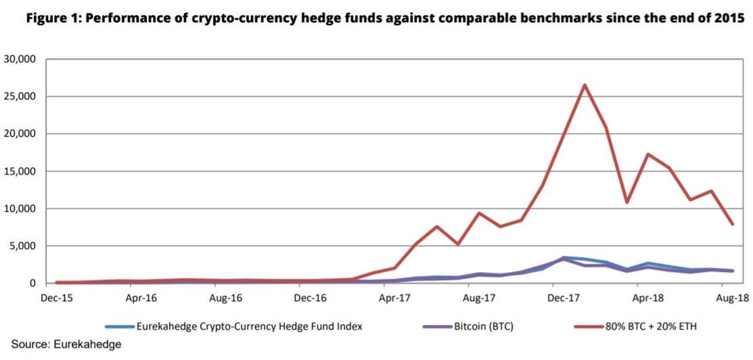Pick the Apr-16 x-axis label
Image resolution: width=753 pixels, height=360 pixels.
[x=141, y=297]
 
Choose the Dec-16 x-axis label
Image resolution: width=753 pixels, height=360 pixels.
[x=310, y=297]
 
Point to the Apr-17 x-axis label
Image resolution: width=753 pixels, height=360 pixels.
[x=394, y=297]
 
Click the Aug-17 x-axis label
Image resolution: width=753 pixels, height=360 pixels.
[x=478, y=297]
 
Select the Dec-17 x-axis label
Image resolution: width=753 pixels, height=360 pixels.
[x=563, y=297]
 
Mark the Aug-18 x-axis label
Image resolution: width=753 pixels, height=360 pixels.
[x=731, y=297]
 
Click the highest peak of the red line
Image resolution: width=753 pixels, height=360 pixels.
[x=584, y=85]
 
